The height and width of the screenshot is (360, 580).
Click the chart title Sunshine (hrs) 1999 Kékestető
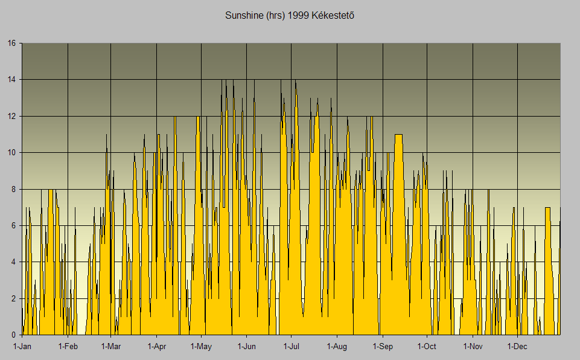(289, 14)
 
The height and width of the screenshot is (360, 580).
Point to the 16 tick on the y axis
(11, 43)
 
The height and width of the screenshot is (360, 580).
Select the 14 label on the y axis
(11, 80)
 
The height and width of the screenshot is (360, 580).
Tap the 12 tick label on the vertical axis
(11, 116)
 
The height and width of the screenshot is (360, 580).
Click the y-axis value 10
(11, 153)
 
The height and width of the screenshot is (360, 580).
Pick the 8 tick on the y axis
(14, 189)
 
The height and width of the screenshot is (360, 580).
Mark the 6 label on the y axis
(14, 225)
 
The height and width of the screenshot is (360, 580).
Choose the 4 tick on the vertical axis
(14, 262)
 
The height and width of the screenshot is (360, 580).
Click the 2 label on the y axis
(14, 298)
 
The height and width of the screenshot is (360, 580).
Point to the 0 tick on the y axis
(14, 335)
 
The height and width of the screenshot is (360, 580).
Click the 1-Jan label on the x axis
(22, 347)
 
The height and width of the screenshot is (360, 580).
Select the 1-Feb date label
(68, 347)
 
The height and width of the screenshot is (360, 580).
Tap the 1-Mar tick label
(110, 347)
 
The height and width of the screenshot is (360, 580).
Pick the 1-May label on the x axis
(201, 347)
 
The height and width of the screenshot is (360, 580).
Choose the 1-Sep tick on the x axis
(382, 347)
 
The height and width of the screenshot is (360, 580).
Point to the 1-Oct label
(427, 347)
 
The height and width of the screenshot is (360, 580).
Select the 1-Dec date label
(517, 347)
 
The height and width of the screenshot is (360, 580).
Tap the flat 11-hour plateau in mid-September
(398, 135)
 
